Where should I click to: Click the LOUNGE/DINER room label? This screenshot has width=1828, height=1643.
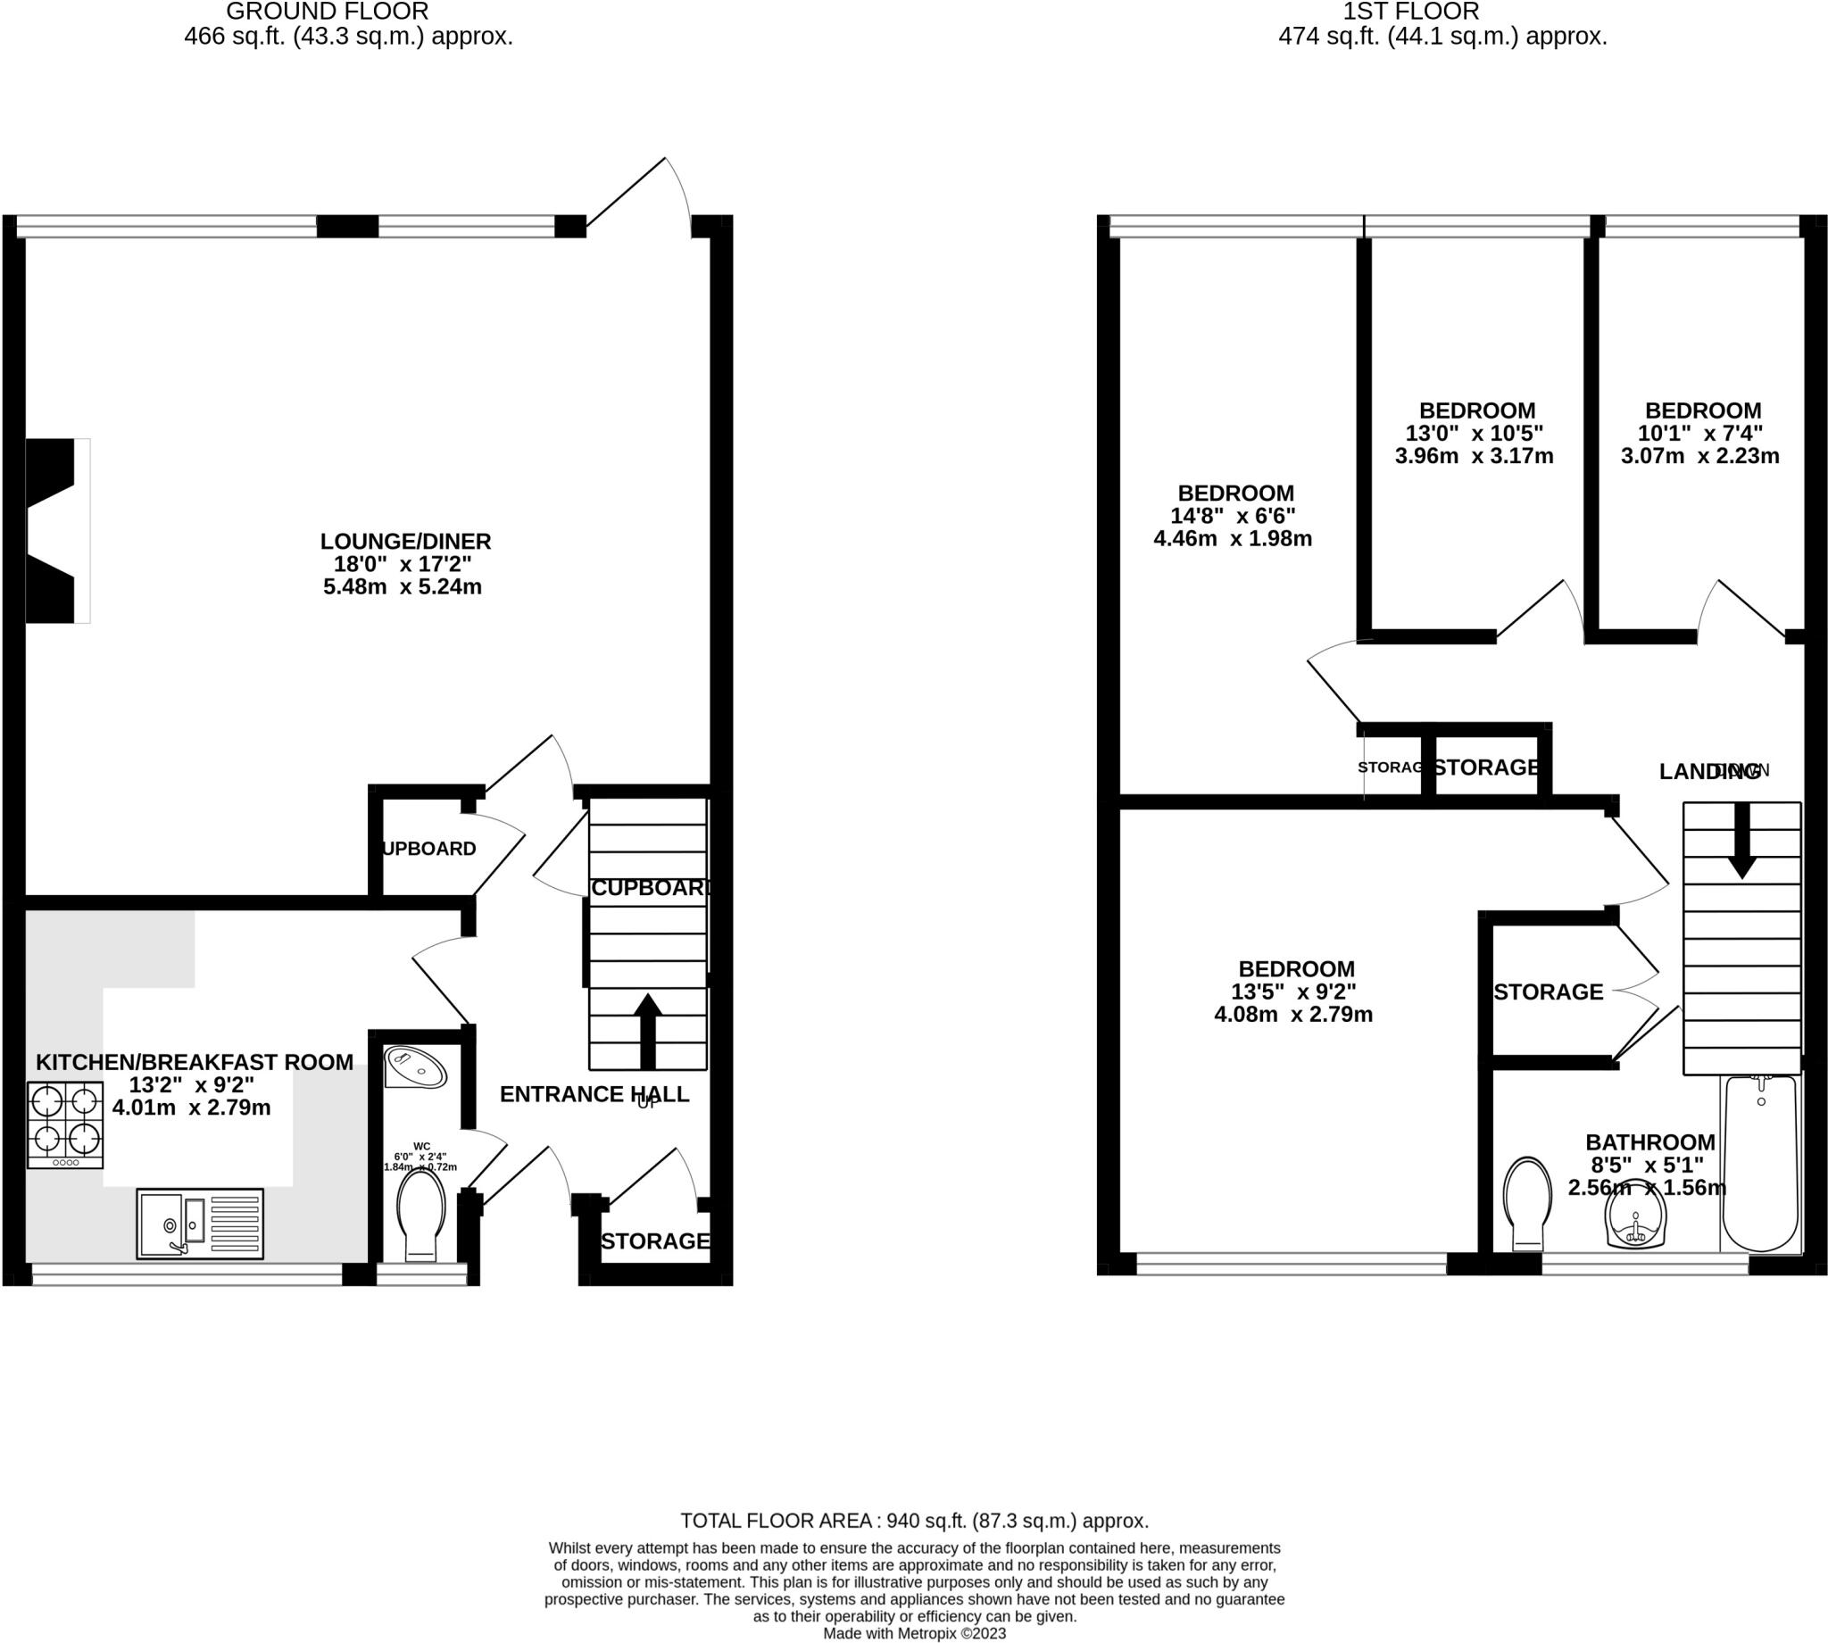pos(405,542)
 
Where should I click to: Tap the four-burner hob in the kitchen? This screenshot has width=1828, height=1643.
pos(65,1124)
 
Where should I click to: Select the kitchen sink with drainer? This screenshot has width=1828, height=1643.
pos(200,1224)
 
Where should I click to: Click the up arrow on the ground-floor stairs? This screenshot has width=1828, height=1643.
pos(648,1029)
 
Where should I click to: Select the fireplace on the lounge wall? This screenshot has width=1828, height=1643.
pos(54,531)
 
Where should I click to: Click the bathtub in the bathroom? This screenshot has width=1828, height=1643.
pos(1760,1165)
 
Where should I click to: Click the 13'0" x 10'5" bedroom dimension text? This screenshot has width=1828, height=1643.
pos(1475,434)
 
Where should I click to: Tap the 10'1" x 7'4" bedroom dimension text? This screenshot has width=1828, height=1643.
pos(1699,434)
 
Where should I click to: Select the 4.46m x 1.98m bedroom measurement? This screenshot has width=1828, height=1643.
pos(1233,539)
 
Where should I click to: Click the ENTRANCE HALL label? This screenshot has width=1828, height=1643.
pos(594,1094)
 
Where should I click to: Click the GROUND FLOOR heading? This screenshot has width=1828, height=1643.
pos(327,12)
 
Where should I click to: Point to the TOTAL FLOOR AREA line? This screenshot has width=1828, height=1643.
pos(913,1520)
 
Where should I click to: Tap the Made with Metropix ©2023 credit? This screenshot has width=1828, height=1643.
pos(913,1633)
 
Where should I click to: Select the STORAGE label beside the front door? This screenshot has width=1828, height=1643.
pos(655,1241)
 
